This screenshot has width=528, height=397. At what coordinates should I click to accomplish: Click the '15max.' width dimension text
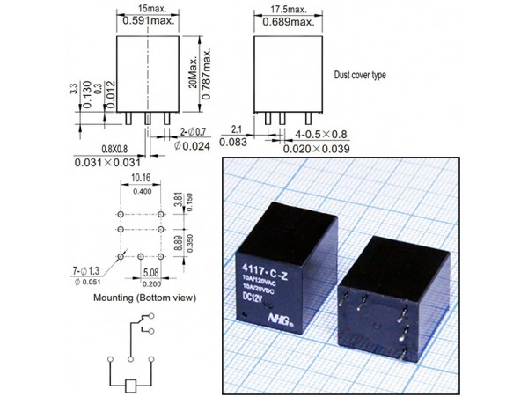pyautogui.click(x=147, y=8)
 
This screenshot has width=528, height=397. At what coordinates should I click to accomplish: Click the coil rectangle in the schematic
pyautogui.click(x=130, y=386)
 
